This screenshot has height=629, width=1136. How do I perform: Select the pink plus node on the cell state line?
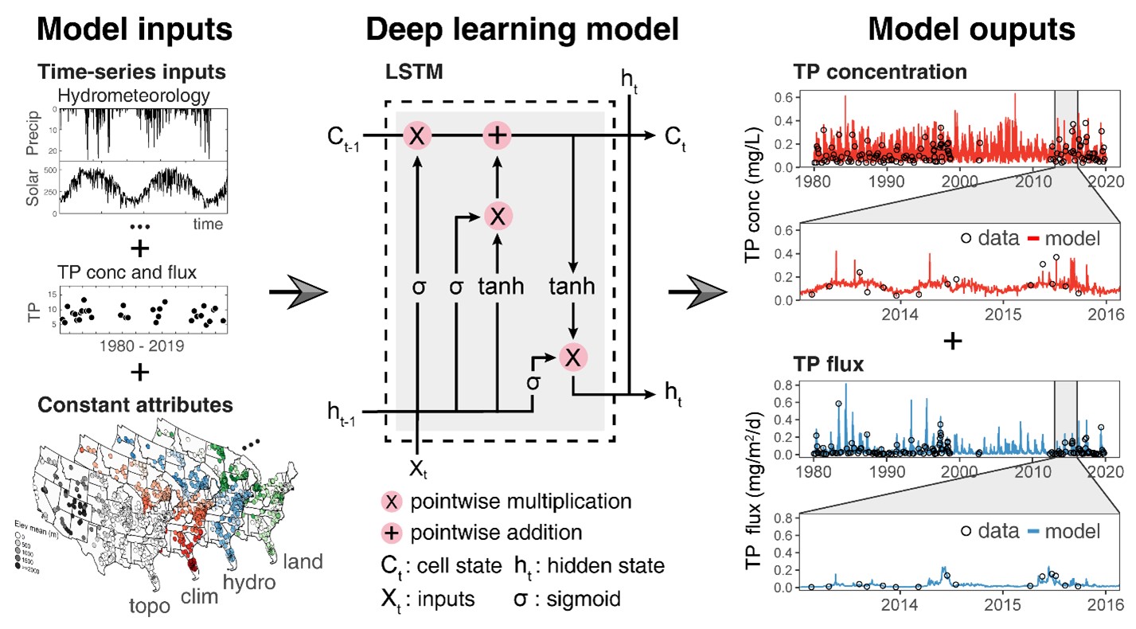(x=498, y=135)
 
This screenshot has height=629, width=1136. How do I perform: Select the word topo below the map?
(x=149, y=607)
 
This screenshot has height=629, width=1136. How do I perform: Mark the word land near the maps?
(x=302, y=561)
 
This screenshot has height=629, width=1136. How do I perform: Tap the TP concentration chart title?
(x=880, y=72)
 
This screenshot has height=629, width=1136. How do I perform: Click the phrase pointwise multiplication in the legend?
(x=521, y=502)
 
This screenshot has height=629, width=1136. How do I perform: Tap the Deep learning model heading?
(x=522, y=29)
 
